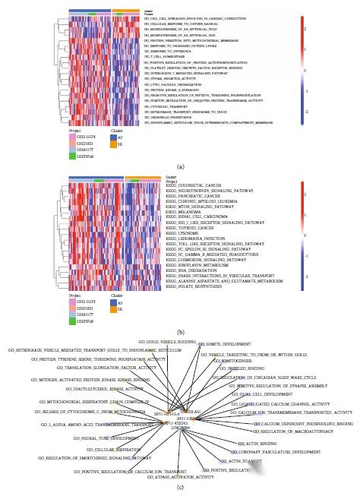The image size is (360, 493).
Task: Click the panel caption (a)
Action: (180, 165)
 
